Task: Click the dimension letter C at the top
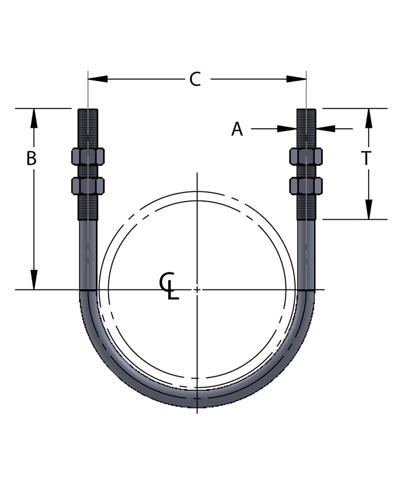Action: pos(195,79)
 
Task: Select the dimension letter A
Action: pos(237,129)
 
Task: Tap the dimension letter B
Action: pos(31,159)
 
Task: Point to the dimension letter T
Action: pos(366,159)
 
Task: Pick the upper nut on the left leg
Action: pos(88,156)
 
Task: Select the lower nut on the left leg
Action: pos(88,186)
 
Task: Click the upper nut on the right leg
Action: pos(306,156)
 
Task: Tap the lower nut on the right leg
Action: pos(306,186)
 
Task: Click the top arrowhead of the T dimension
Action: pos(369,118)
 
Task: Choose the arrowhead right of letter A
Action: pos(325,129)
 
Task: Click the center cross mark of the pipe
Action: pos(197,289)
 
